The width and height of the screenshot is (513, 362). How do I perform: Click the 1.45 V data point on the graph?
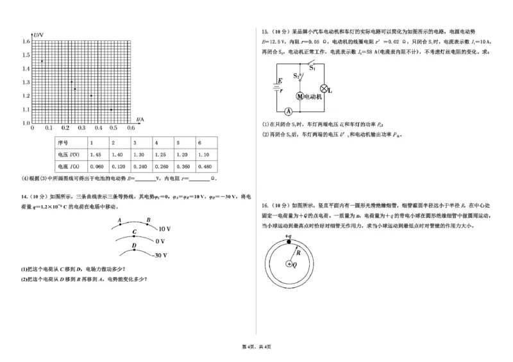pos(42,61)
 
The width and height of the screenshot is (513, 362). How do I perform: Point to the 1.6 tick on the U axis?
pos(26,40)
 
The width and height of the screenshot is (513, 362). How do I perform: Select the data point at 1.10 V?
pos(112,109)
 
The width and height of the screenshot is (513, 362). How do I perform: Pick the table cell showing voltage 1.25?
pos(160,154)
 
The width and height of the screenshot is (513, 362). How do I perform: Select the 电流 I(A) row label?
pos(68,167)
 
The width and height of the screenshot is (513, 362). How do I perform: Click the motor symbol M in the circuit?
pos(299,96)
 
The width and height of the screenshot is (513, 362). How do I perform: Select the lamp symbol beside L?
pos(324,88)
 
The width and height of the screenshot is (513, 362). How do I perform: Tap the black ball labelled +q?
pos(289,244)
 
